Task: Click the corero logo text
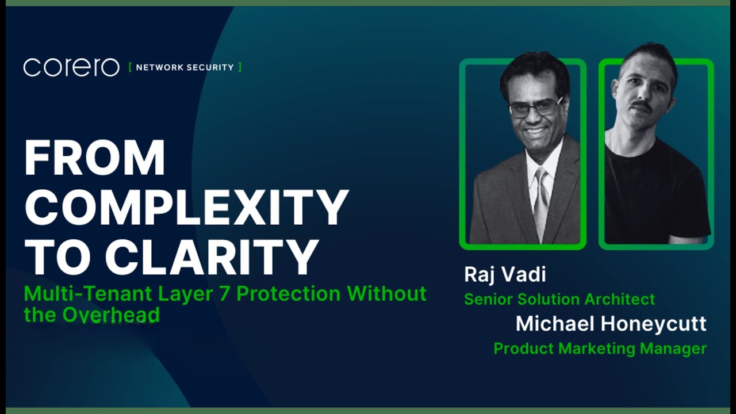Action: point(71,67)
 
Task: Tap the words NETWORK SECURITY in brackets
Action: point(185,67)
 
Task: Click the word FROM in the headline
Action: point(95,158)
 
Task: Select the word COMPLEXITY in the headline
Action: point(186,207)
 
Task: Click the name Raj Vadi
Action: point(505,274)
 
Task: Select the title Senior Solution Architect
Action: point(559,299)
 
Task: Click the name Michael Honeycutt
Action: point(611,324)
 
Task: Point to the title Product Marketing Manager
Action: point(600,348)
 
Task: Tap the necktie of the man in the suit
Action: point(541,201)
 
